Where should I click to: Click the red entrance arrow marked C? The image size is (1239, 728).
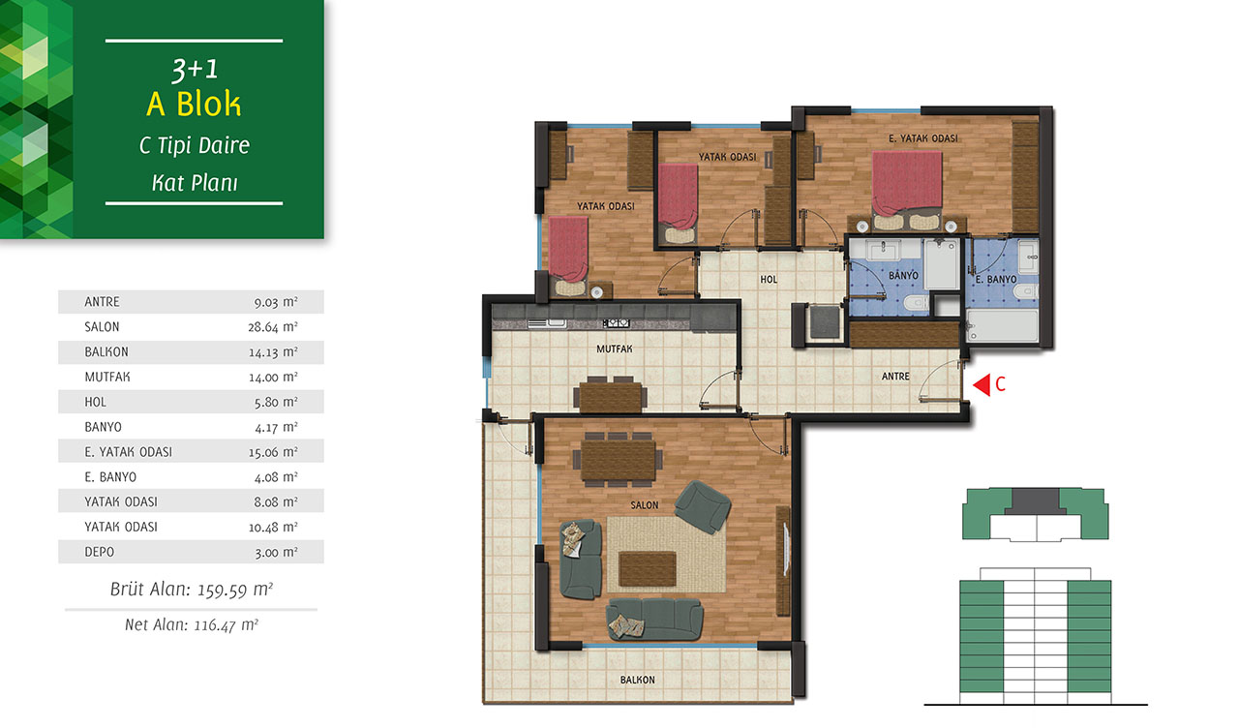(982, 384)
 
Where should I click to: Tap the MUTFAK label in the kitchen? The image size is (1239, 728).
(614, 349)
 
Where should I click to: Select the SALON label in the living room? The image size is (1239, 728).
(645, 505)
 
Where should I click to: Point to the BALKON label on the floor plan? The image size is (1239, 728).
(637, 680)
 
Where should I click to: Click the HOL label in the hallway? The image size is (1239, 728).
(769, 280)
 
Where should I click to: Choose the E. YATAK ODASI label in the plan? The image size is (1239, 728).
(923, 138)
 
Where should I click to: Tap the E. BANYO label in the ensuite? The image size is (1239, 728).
(996, 280)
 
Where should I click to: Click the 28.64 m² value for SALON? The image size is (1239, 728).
(273, 327)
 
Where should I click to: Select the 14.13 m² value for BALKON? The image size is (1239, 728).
(273, 351)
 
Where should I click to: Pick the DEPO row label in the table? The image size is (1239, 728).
(100, 552)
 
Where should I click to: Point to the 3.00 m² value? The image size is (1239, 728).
(276, 552)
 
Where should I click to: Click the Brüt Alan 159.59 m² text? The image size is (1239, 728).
(192, 590)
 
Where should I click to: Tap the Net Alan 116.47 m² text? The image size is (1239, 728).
(192, 624)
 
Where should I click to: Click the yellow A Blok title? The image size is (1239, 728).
(194, 104)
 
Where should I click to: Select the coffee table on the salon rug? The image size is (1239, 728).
(648, 568)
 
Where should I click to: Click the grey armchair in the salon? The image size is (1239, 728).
(703, 506)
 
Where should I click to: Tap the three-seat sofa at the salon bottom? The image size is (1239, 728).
(655, 619)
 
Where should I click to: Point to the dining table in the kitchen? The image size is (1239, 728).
(611, 395)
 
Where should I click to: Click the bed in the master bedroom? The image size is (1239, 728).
(907, 189)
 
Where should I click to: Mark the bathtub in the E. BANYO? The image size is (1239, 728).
(1002, 326)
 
